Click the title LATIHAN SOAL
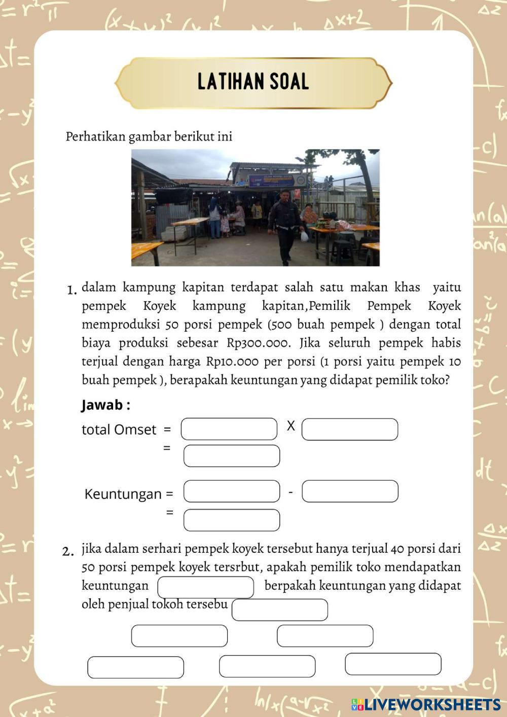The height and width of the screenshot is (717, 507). [x=253, y=82]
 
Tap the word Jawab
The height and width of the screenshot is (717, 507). [x=102, y=405]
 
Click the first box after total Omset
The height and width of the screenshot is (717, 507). [x=229, y=429]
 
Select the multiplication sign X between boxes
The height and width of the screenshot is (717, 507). [x=291, y=426]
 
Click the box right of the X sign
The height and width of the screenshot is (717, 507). [x=350, y=429]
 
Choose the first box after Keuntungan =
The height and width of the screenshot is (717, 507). [x=232, y=491]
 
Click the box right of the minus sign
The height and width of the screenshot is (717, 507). [x=350, y=491]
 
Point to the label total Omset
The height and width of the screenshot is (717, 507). [x=119, y=430]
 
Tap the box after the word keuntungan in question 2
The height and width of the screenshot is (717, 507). [x=206, y=587]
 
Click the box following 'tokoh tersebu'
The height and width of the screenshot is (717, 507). [x=280, y=610]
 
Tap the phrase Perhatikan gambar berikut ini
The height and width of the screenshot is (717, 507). [x=149, y=137]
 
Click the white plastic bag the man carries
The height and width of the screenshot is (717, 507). [x=304, y=236]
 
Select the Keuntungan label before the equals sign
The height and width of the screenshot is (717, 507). [x=123, y=494]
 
